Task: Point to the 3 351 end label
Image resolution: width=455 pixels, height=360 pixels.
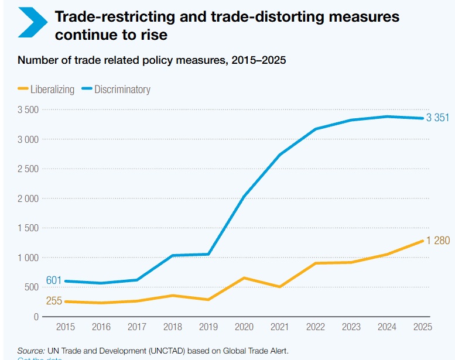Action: pyautogui.click(x=437, y=118)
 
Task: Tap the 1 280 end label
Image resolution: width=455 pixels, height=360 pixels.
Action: pyautogui.click(x=437, y=241)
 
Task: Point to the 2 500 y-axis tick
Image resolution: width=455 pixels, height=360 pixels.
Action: pyautogui.click(x=28, y=169)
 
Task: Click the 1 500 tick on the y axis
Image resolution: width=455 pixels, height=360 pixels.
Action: pyautogui.click(x=28, y=228)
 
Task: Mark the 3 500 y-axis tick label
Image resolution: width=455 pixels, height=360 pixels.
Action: pyautogui.click(x=28, y=110)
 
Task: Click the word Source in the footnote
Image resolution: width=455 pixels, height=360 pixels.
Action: pyautogui.click(x=31, y=351)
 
